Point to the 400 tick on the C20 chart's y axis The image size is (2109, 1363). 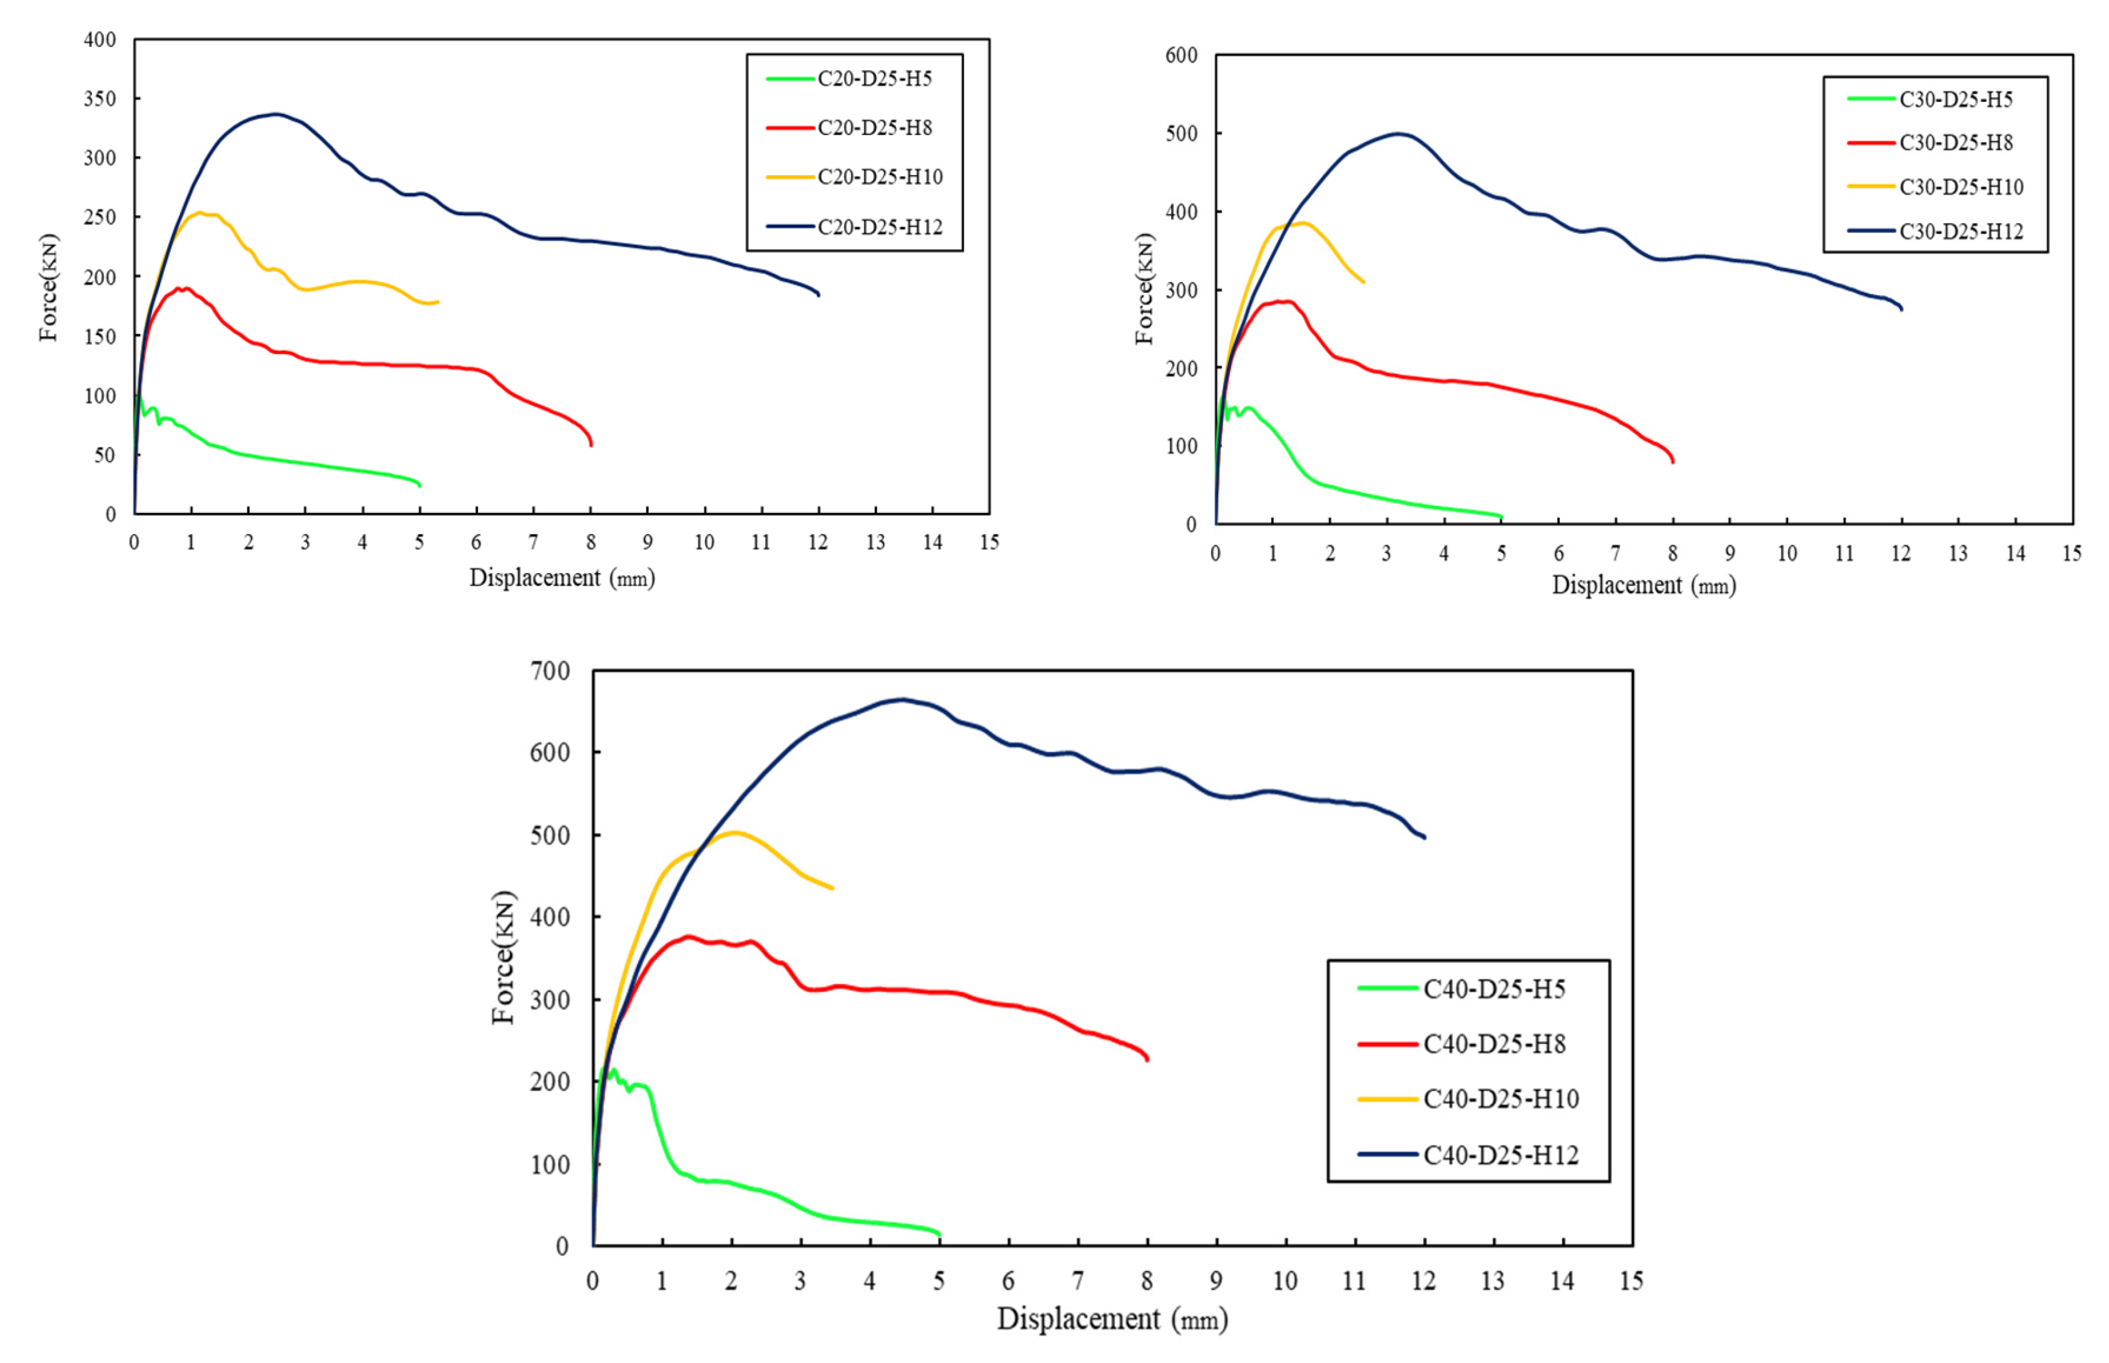click(x=100, y=40)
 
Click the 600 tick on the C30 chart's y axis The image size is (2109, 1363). click(x=1181, y=56)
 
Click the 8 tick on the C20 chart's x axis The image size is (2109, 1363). click(x=591, y=542)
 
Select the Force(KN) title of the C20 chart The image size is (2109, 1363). click(x=49, y=288)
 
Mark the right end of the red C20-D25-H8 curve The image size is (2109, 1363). click(x=591, y=444)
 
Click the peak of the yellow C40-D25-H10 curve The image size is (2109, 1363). click(x=734, y=832)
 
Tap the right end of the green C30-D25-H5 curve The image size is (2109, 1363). click(x=1501, y=516)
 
